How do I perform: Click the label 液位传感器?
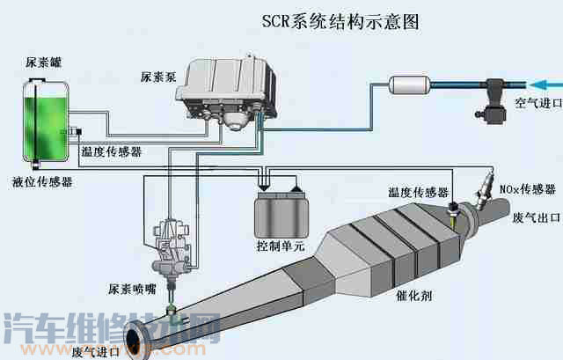(x=42, y=182)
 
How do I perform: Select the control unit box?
(x=279, y=212)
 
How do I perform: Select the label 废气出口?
(x=533, y=217)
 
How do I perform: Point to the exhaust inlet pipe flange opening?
(x=137, y=340)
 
